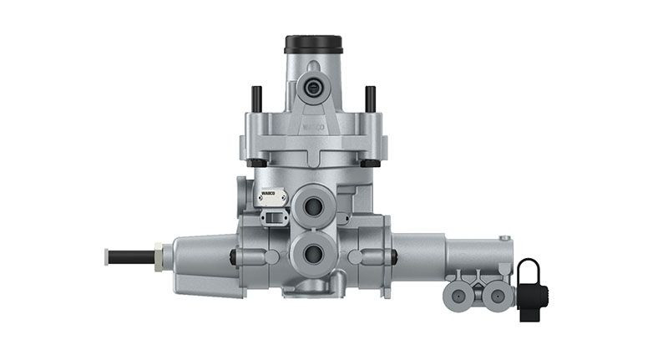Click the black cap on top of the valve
tap(313, 43)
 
